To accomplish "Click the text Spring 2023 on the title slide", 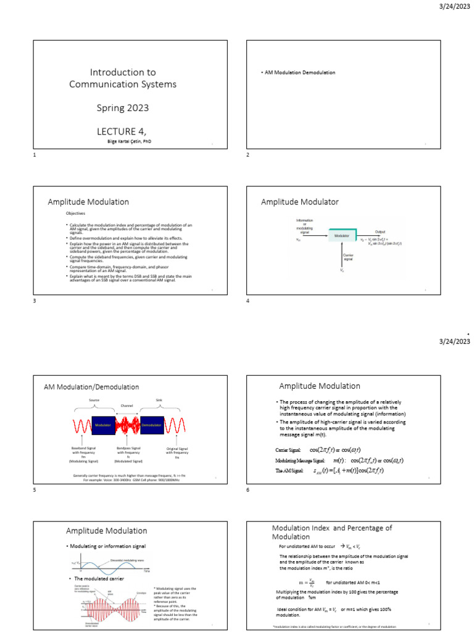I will pos(122,108).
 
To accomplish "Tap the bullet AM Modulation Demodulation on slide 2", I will pos(299,73).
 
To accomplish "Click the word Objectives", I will pos(76,214).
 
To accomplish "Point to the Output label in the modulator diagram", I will pos(380,231).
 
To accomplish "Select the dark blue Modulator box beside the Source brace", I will pos(102,425).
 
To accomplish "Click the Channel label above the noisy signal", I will pos(127,406).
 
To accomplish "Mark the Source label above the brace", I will pos(94,400).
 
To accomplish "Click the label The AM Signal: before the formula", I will pos(289,471).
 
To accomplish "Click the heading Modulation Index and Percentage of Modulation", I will pos(332,532).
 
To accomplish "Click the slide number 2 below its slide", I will pos(248,154).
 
